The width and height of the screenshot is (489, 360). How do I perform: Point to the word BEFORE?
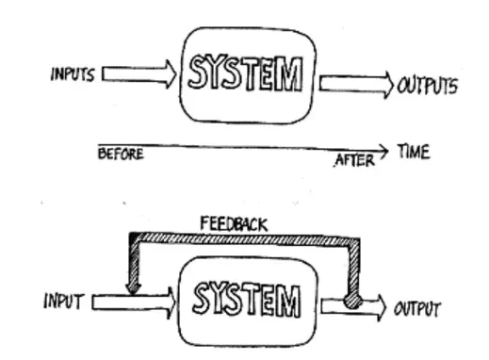(x=121, y=155)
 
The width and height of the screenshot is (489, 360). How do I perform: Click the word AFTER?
(x=353, y=161)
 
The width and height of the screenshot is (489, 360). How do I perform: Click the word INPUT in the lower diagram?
(x=63, y=303)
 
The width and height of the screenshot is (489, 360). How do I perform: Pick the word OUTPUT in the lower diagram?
(x=416, y=308)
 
